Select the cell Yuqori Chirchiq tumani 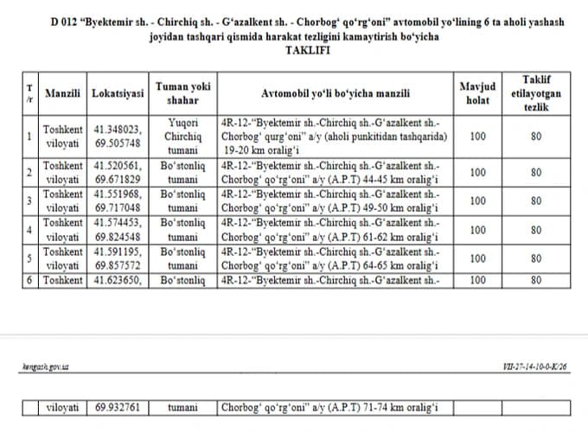point(182,136)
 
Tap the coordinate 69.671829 point(118,180)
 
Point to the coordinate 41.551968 point(118,194)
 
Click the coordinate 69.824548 point(118,237)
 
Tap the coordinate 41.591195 point(118,251)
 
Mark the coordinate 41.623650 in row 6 point(118,280)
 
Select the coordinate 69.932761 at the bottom point(118,407)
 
